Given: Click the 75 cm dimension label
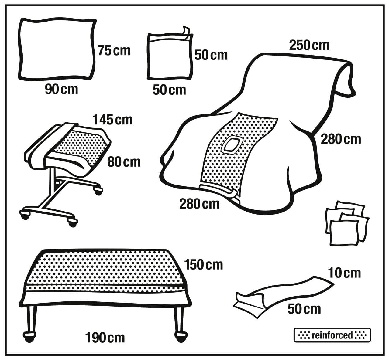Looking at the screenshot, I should pos(114,51).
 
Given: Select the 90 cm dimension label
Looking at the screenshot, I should pos(62,89).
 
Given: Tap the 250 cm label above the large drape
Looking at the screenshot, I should pos(309,46).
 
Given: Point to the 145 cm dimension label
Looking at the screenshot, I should pos(113,120).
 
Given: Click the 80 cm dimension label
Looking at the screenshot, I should pos(124,162).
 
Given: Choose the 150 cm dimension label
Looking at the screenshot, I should pos(203,265).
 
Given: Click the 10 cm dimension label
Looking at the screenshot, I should pos(344,273).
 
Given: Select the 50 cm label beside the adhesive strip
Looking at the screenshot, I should pos(304,309).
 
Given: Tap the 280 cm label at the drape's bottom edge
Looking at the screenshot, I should pos(199,204).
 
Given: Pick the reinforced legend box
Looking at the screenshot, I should pos(332,335).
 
